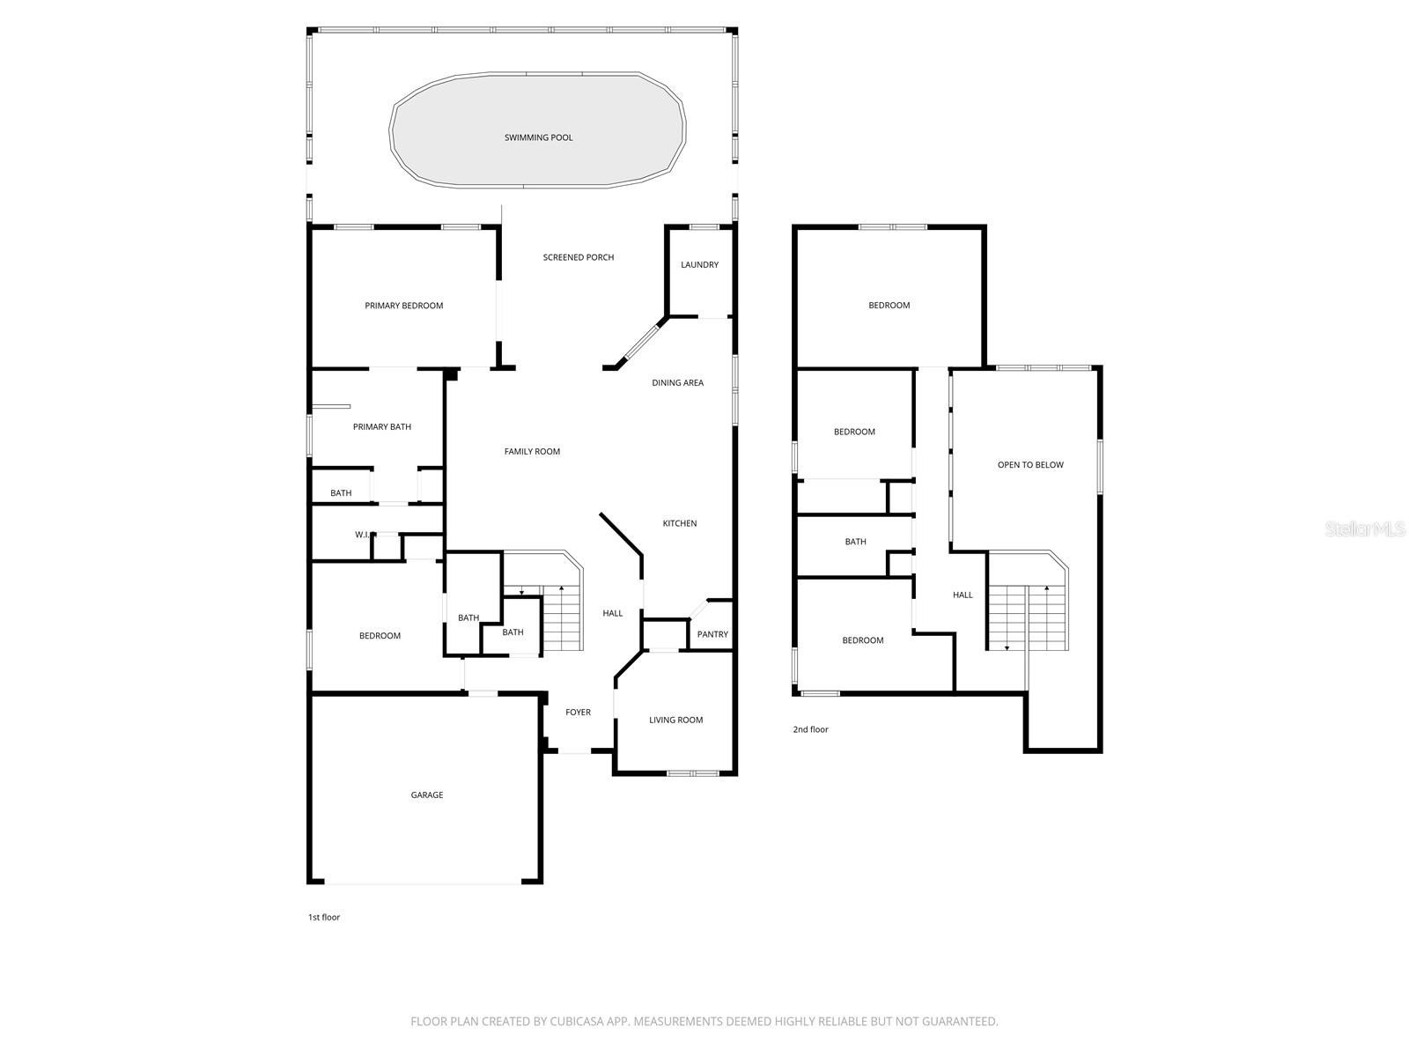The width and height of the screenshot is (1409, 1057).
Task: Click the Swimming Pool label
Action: (538, 137)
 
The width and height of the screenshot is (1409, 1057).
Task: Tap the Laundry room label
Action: (699, 264)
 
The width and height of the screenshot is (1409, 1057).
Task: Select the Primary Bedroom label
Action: (403, 306)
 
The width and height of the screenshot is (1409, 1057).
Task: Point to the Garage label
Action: (427, 795)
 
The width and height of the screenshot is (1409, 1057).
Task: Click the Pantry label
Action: (712, 634)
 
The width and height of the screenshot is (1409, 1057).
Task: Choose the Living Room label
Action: (675, 720)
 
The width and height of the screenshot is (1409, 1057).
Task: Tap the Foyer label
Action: (578, 712)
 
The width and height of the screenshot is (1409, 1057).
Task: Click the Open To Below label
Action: (1030, 464)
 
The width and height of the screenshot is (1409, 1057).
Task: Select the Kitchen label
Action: (679, 523)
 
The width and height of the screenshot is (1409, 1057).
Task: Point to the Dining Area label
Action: (677, 382)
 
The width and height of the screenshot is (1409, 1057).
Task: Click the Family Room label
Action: (532, 451)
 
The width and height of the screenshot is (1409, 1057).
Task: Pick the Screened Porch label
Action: (578, 257)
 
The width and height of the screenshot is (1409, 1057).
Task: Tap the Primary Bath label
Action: (381, 426)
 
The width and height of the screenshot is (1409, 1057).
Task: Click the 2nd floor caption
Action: (810, 729)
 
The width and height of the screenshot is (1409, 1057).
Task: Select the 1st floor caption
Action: (323, 917)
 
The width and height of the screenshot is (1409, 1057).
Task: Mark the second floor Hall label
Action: (963, 595)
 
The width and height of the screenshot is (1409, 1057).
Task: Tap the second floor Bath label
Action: (855, 542)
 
